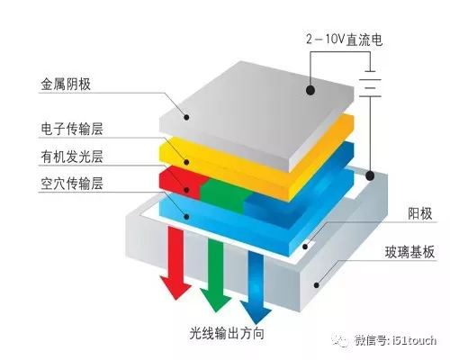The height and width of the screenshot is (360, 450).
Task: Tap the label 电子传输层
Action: coord(72,130)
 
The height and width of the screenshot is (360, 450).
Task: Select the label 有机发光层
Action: coord(72,157)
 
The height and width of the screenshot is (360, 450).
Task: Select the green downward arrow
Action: coord(213,274)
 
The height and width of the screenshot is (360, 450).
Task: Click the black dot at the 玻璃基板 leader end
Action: coord(317,283)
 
